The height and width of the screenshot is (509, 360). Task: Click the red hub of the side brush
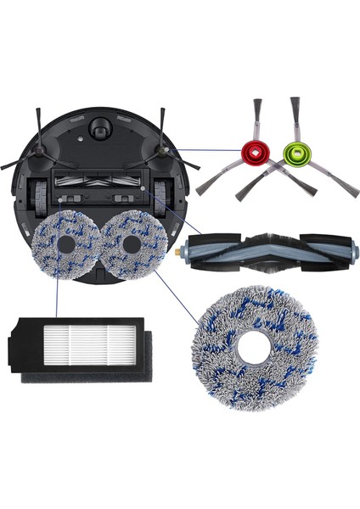(250, 154)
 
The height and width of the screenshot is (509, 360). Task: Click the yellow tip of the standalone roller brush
(183, 252)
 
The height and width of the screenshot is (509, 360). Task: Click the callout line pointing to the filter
(56, 294)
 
